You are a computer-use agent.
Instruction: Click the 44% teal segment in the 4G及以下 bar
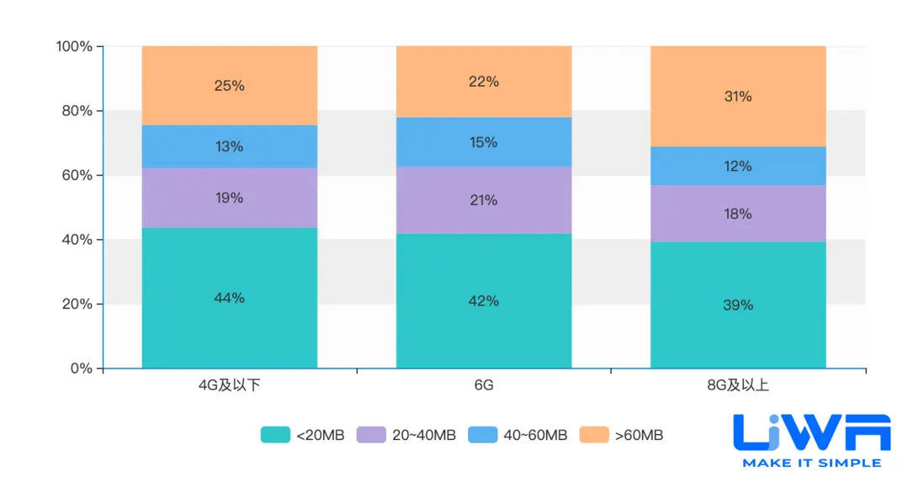pos(229,298)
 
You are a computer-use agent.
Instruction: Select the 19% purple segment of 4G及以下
pos(229,198)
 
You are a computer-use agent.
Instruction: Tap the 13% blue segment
pos(229,146)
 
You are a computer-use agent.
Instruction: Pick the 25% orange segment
pos(229,86)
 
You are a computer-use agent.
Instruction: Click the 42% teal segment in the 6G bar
pos(484,300)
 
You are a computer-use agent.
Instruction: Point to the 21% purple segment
pos(484,200)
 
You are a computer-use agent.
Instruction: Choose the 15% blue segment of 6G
pos(484,142)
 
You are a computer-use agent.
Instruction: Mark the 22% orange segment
pos(484,82)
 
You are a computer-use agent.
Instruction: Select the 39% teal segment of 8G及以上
pos(738,305)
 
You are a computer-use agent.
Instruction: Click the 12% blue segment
pos(738,167)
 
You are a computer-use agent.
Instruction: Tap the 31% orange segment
pos(738,97)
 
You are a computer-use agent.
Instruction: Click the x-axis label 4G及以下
pos(229,386)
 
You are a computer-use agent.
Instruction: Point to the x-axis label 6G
pos(484,386)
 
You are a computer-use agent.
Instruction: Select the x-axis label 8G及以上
pos(738,386)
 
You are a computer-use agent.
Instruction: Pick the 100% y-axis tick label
pos(73,46)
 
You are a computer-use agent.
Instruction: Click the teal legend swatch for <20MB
pos(275,435)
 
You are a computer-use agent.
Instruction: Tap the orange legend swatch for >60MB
pos(595,435)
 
